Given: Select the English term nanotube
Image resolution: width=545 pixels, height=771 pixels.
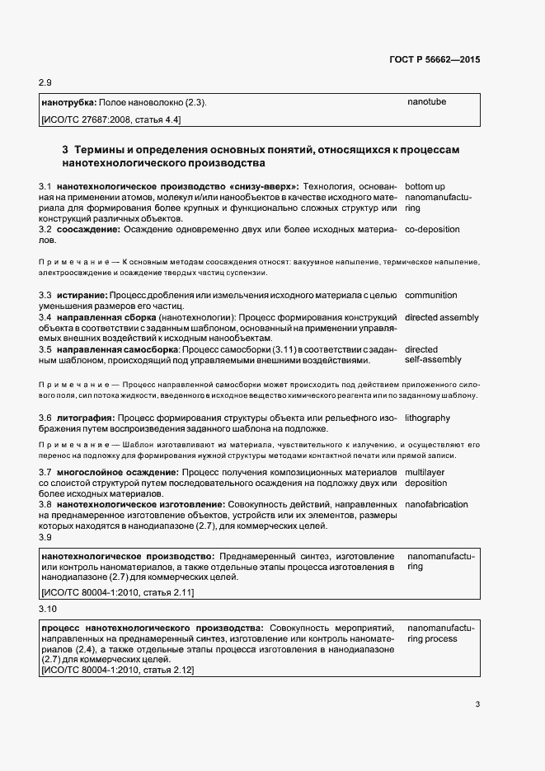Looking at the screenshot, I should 426,102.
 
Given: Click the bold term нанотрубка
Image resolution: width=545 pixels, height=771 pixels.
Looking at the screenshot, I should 68,103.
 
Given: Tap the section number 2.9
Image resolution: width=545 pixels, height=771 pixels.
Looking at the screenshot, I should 46,83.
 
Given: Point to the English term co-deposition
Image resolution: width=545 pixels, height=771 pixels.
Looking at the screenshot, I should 432,229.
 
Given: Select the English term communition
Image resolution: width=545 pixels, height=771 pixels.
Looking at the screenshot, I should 430,295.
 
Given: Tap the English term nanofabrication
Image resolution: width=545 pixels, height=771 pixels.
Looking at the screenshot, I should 436,504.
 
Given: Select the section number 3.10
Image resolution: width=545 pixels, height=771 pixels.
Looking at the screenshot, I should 48,609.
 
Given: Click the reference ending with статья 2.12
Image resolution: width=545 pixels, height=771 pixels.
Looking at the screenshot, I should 117,670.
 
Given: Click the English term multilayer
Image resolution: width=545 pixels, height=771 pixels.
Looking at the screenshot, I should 425,471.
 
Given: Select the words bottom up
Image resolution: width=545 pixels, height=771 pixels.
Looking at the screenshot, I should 425,188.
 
